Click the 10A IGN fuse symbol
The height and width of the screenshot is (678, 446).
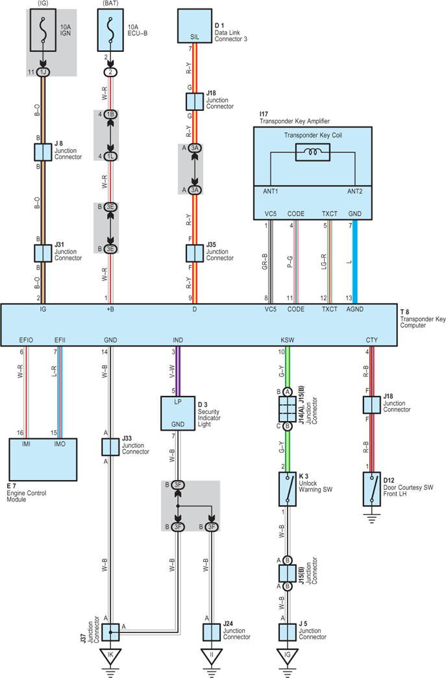coord(43,30)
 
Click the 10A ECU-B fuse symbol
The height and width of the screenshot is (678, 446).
coord(110,30)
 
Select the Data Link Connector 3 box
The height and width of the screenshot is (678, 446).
coord(195,26)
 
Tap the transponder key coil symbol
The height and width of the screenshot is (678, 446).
coord(312,152)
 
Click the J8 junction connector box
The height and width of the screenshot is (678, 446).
coord(43,152)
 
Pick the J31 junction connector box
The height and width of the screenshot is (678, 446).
coord(43,253)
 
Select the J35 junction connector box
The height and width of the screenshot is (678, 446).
coord(195,253)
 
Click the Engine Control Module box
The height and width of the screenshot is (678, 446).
coord(43,459)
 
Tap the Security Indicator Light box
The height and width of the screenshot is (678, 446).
coord(178,413)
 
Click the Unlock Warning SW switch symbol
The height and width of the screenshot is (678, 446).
coord(287,489)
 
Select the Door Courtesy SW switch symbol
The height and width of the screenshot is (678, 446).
coord(371,489)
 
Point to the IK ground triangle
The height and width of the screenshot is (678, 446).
coord(110,657)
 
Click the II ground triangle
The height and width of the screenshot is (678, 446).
coord(212,657)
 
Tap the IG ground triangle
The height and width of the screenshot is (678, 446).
coord(287,657)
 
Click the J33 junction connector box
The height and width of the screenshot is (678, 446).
coord(110,446)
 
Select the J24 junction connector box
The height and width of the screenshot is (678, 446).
coord(212,632)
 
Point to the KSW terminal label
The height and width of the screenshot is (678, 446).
coord(287,340)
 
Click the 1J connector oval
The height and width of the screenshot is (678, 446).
coord(43,72)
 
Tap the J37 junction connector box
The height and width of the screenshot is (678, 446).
coord(110,632)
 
